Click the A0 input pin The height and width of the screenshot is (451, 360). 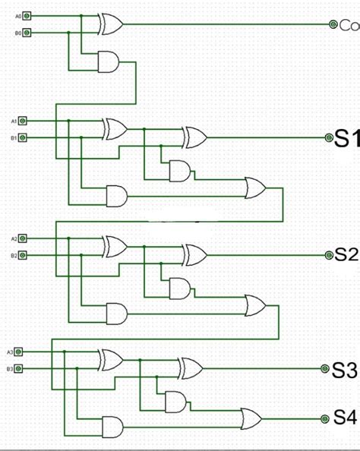(x=28, y=15)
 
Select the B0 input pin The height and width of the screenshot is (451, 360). (x=28, y=33)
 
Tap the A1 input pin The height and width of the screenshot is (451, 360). (x=23, y=121)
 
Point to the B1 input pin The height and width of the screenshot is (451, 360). (x=23, y=137)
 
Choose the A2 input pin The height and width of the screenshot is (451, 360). (x=23, y=238)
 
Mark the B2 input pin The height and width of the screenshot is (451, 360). (x=23, y=255)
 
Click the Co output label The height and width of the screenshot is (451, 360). (x=349, y=25)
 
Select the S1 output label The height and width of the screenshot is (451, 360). (x=346, y=137)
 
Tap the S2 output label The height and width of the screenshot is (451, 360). (x=346, y=254)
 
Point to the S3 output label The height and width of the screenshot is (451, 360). (x=345, y=370)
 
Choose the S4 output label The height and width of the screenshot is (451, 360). (x=345, y=417)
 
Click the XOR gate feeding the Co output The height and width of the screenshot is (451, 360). (x=111, y=24)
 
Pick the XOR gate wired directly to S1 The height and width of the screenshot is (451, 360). (x=193, y=137)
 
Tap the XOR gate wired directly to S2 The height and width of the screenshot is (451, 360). (x=193, y=254)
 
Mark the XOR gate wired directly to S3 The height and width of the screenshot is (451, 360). (x=191, y=370)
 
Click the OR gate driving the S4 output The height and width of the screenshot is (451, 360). (x=251, y=417)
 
